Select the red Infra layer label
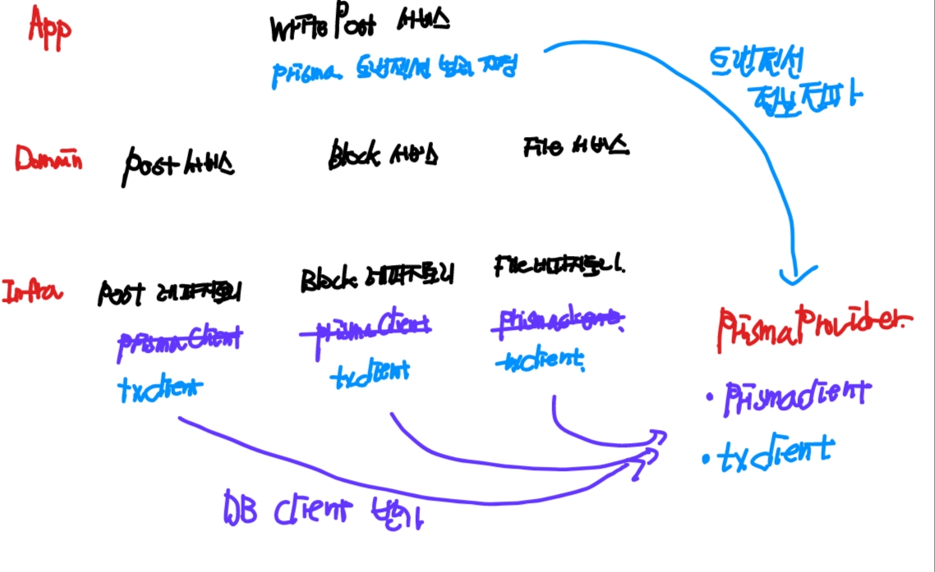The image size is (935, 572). [x=34, y=292]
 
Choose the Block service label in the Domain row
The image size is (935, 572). [x=382, y=153]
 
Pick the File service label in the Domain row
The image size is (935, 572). [x=575, y=147]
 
